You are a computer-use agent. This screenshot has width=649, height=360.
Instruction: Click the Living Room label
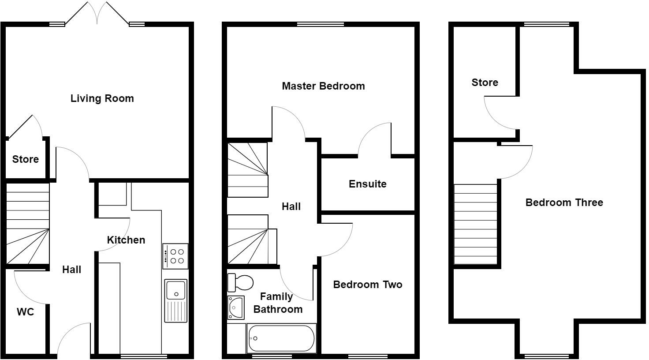point(102,98)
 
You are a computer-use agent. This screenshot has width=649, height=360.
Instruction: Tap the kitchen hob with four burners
point(175,256)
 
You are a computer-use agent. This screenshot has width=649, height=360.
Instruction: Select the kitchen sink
point(176,300)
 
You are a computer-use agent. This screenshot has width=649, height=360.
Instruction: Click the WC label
point(25,312)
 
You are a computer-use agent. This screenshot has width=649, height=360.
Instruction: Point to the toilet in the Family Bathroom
point(240,282)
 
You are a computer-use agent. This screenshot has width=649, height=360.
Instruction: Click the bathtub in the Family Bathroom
point(281,338)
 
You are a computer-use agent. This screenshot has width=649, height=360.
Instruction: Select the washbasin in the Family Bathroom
point(235,307)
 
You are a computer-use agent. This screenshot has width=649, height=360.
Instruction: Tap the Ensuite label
point(367,184)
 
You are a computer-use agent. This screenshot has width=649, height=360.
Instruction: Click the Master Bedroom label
point(323,86)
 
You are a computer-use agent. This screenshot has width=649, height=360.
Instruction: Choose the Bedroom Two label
point(367,285)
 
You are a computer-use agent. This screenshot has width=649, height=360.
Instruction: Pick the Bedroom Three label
point(564,202)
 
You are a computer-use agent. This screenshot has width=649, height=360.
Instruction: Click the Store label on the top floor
point(485,82)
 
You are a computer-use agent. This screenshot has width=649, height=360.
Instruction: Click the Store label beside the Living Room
point(25,159)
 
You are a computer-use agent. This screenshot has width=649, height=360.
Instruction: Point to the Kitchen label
point(126,240)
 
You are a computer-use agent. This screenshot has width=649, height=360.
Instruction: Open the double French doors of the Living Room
point(97,13)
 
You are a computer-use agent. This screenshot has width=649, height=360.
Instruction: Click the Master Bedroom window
point(320,24)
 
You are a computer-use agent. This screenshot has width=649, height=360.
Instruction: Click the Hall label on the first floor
point(291,206)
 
